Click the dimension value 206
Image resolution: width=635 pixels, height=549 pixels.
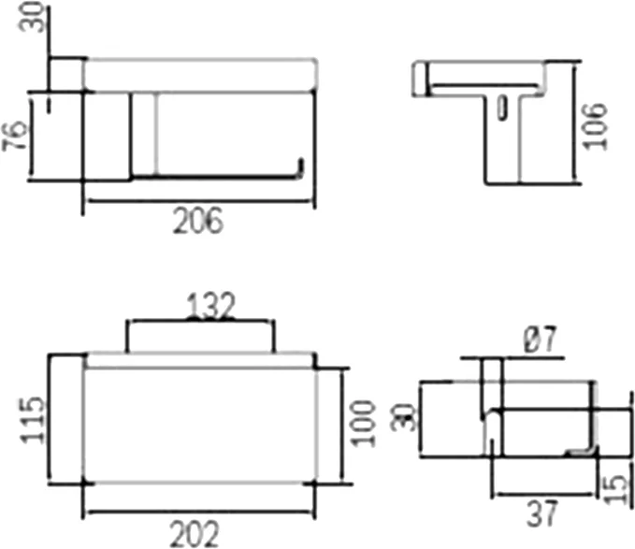tap(198, 221)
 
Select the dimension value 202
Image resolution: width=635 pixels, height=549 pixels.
tap(195, 534)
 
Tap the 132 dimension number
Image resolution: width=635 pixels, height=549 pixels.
tap(210, 306)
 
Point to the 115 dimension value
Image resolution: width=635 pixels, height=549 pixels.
tap(33, 420)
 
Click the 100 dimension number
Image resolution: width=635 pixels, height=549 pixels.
tap(363, 424)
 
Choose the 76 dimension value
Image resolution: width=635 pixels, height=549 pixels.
tap(15, 136)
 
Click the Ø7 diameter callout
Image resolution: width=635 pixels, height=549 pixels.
tap(541, 340)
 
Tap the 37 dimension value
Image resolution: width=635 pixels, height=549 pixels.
tap(542, 513)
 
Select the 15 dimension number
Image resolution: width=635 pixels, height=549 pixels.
tap(616, 489)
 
